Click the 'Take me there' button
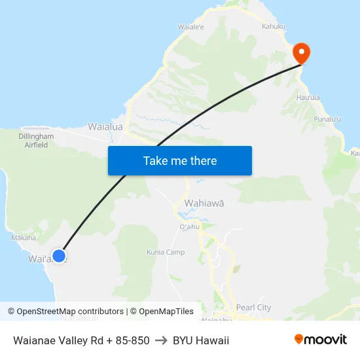[180, 161]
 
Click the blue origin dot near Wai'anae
[59, 256]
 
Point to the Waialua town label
[105, 126]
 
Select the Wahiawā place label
[204, 204]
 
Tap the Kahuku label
[274, 26]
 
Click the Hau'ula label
[308, 98]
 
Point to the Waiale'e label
[191, 27]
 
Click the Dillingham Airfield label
[36, 141]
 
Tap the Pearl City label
[254, 308]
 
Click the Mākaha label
[24, 238]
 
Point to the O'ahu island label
[189, 226]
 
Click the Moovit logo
[321, 340]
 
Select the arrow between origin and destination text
[161, 340]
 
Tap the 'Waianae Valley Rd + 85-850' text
[81, 340]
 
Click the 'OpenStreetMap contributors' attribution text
[70, 312]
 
